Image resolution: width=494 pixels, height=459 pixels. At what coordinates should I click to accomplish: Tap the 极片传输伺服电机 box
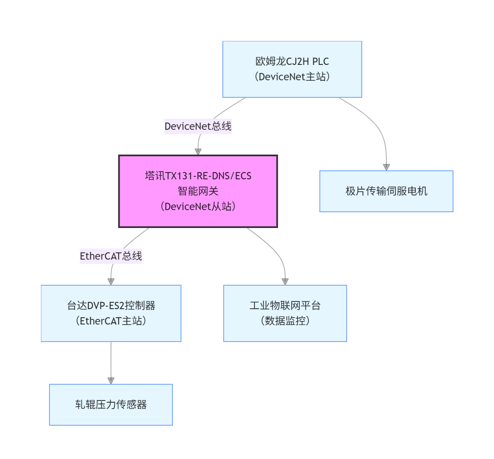[386, 191]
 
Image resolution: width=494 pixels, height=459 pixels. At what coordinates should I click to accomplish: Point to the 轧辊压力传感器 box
[111, 405]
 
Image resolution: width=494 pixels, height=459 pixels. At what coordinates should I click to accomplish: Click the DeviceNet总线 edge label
[198, 126]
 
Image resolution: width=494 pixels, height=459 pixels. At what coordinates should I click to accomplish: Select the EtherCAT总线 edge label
[111, 256]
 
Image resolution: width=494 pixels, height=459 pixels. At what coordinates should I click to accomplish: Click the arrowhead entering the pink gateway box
[198, 152]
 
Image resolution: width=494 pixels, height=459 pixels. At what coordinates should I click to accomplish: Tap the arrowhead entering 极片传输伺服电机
[386, 167]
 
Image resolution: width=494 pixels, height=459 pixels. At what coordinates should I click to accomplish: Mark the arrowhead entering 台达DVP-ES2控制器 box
[111, 281]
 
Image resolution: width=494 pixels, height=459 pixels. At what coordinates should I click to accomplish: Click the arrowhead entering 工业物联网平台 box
[285, 281]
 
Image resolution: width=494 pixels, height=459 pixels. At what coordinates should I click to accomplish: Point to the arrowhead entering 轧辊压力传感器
[111, 380]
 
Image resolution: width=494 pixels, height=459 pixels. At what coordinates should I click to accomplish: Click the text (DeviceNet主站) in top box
[292, 77]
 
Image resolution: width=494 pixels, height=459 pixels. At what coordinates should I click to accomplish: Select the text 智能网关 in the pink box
[198, 191]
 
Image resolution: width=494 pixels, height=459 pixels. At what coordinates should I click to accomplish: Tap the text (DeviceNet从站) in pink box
[198, 207]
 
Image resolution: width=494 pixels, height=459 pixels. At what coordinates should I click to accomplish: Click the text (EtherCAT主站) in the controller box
[111, 321]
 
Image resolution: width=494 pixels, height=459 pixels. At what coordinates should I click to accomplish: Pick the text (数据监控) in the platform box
[285, 321]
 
